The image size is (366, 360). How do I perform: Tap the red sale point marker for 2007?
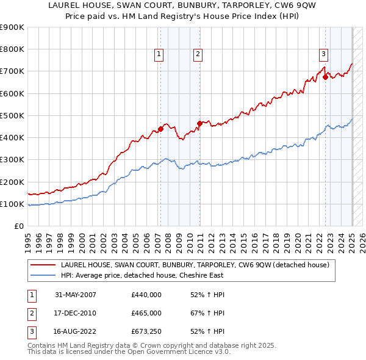coord(161,129)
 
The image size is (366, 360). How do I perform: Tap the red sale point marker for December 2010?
coord(199,123)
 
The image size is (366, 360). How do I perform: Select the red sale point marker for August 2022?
coord(326,77)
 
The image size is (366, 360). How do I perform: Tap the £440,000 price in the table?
coord(146,294)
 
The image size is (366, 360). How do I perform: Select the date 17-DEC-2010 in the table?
coord(76,313)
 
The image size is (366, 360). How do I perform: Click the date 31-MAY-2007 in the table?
coord(76,294)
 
